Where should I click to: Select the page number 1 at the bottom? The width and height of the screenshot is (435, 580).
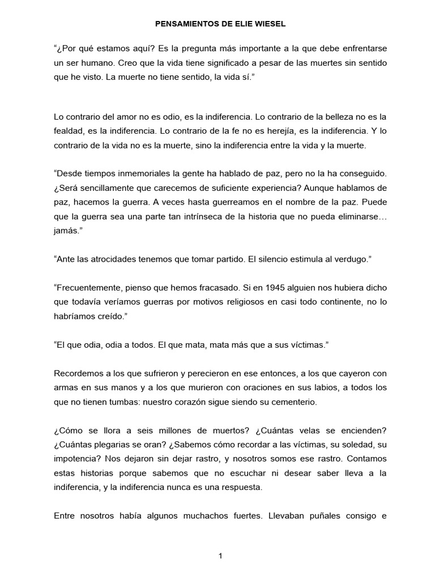click(220, 556)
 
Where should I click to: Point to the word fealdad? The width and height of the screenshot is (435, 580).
click(69, 131)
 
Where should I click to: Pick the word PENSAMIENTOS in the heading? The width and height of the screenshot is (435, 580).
click(181, 25)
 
